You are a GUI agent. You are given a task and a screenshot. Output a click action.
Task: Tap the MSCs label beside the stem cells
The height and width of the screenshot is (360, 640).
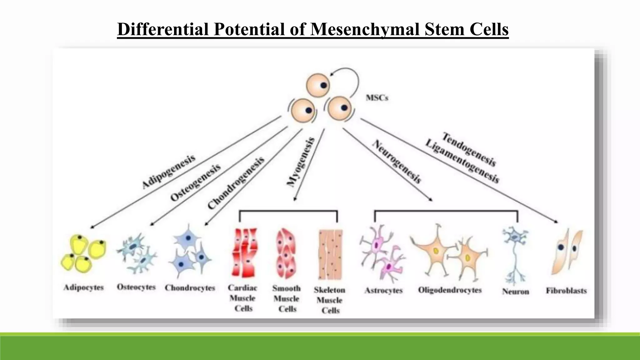(377, 98)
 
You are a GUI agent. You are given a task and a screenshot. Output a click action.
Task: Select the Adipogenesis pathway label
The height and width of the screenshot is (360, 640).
(168, 172)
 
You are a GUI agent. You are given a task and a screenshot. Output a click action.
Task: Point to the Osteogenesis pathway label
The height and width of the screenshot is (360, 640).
(195, 182)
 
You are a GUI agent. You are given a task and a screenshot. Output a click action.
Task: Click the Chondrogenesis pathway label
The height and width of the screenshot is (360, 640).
(236, 183)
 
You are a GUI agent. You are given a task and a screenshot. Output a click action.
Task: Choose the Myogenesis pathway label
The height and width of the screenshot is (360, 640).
(301, 162)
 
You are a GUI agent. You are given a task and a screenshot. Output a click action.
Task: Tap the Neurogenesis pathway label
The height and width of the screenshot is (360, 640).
(397, 161)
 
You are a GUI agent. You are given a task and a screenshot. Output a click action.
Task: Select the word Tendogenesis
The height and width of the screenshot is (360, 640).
(469, 149)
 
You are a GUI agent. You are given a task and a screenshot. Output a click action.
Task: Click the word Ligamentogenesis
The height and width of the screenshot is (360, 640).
(462, 161)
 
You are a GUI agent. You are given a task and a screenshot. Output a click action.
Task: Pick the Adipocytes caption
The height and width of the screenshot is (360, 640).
(83, 287)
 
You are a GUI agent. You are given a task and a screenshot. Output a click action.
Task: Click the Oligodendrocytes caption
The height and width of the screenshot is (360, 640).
(450, 290)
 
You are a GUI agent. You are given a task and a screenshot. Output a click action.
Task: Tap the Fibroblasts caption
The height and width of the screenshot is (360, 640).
(566, 291)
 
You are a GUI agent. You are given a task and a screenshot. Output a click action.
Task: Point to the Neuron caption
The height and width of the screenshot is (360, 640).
(515, 292)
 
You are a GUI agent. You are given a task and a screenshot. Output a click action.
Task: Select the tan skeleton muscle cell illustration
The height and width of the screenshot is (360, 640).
(330, 254)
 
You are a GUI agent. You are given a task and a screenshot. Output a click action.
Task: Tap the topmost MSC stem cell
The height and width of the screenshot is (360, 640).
(318, 85)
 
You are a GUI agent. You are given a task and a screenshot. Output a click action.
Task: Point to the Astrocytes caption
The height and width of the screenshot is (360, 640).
(383, 291)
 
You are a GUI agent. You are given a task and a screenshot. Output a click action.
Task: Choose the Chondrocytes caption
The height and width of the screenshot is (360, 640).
(190, 288)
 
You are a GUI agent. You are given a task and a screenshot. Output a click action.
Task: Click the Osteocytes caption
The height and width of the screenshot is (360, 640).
(136, 287)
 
